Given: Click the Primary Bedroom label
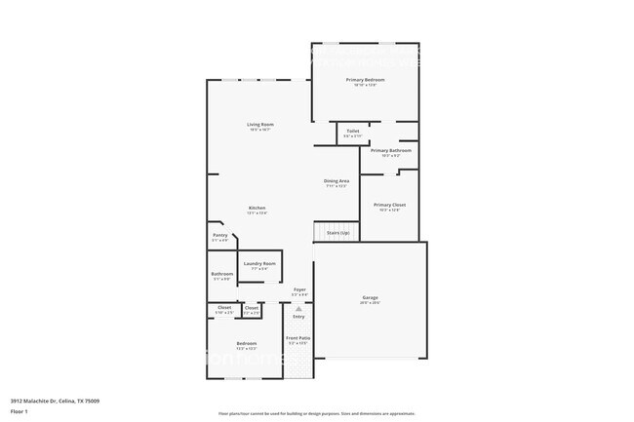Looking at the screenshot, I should (365, 79).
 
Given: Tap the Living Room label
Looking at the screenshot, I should (259, 125).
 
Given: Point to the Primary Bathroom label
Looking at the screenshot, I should (390, 151).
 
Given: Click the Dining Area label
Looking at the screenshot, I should (337, 181).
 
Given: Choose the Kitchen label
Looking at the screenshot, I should (257, 208).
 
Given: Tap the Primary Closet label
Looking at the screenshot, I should (389, 205).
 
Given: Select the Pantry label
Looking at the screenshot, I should (219, 235).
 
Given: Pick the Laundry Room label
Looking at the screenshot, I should (259, 263).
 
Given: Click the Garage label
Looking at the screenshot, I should (371, 297).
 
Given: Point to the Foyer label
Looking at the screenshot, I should (299, 289).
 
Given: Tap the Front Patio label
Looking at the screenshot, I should (297, 338).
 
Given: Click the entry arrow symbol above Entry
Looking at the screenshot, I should (298, 308).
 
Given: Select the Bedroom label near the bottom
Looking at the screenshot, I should (246, 343).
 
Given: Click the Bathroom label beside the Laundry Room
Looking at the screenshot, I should (221, 274).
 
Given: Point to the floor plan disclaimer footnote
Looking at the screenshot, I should (316, 413).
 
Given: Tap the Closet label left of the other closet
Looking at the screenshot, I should (224, 308).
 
